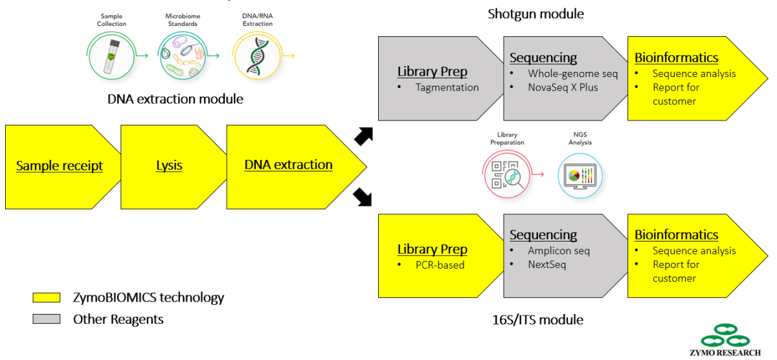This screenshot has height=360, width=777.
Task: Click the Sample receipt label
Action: click(60, 166)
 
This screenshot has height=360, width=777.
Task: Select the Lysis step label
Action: click(169, 166)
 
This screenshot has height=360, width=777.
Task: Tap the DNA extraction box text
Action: click(288, 165)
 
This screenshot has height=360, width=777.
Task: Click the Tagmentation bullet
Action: click(447, 87)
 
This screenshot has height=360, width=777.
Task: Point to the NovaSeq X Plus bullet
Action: click(563, 87)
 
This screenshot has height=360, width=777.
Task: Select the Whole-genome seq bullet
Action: click(572, 74)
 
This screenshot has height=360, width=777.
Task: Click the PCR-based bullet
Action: click(440, 265)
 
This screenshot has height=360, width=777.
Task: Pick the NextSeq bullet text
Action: click(547, 265)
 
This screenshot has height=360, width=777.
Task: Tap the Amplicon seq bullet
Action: click(559, 251)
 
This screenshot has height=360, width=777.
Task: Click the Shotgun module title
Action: click(535, 14)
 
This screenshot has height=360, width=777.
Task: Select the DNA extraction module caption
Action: click(175, 100)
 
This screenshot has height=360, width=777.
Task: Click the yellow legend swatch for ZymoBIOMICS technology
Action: click(47, 298)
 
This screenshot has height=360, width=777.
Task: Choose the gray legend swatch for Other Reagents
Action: click(47, 319)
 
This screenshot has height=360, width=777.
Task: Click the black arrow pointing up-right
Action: click(364, 135)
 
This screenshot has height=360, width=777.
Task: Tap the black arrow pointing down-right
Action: click(364, 197)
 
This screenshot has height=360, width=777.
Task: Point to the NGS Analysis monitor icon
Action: click(580, 175)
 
